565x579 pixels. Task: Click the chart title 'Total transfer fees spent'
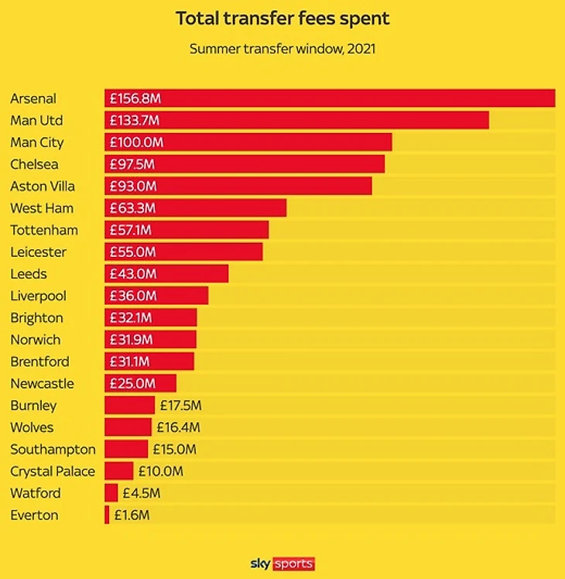pos(282,18)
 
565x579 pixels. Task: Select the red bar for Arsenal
pos(348,98)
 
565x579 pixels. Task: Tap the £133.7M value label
pos(135,121)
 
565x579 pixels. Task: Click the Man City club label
pos(37,142)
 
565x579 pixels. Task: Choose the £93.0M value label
pos(133,186)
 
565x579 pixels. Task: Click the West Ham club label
pos(42,208)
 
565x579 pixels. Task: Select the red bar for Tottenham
pos(209,230)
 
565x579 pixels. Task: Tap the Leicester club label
pos(39,252)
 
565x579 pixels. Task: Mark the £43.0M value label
pos(132,274)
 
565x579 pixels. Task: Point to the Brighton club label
pos(37,317)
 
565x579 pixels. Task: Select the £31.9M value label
pos(131,340)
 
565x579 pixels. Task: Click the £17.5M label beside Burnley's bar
pos(180,405)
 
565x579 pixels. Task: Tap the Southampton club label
pos(53,449)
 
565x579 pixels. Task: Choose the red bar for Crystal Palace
pos(119,471)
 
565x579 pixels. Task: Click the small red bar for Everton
pos(107,515)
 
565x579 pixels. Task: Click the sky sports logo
pos(282,564)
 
